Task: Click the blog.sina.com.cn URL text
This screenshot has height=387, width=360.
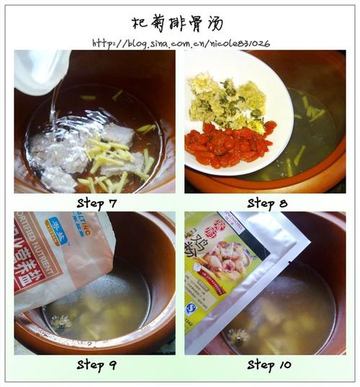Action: pyautogui.click(x=181, y=43)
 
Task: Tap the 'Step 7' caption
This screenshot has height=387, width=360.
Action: pyautogui.click(x=96, y=203)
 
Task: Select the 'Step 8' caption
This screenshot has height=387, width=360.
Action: pyautogui.click(x=267, y=203)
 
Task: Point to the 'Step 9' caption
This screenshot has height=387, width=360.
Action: pyautogui.click(x=96, y=365)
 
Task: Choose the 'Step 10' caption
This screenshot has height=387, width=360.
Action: pyautogui.click(x=267, y=365)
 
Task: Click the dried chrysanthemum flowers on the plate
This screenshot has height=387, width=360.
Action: pyautogui.click(x=224, y=104)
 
